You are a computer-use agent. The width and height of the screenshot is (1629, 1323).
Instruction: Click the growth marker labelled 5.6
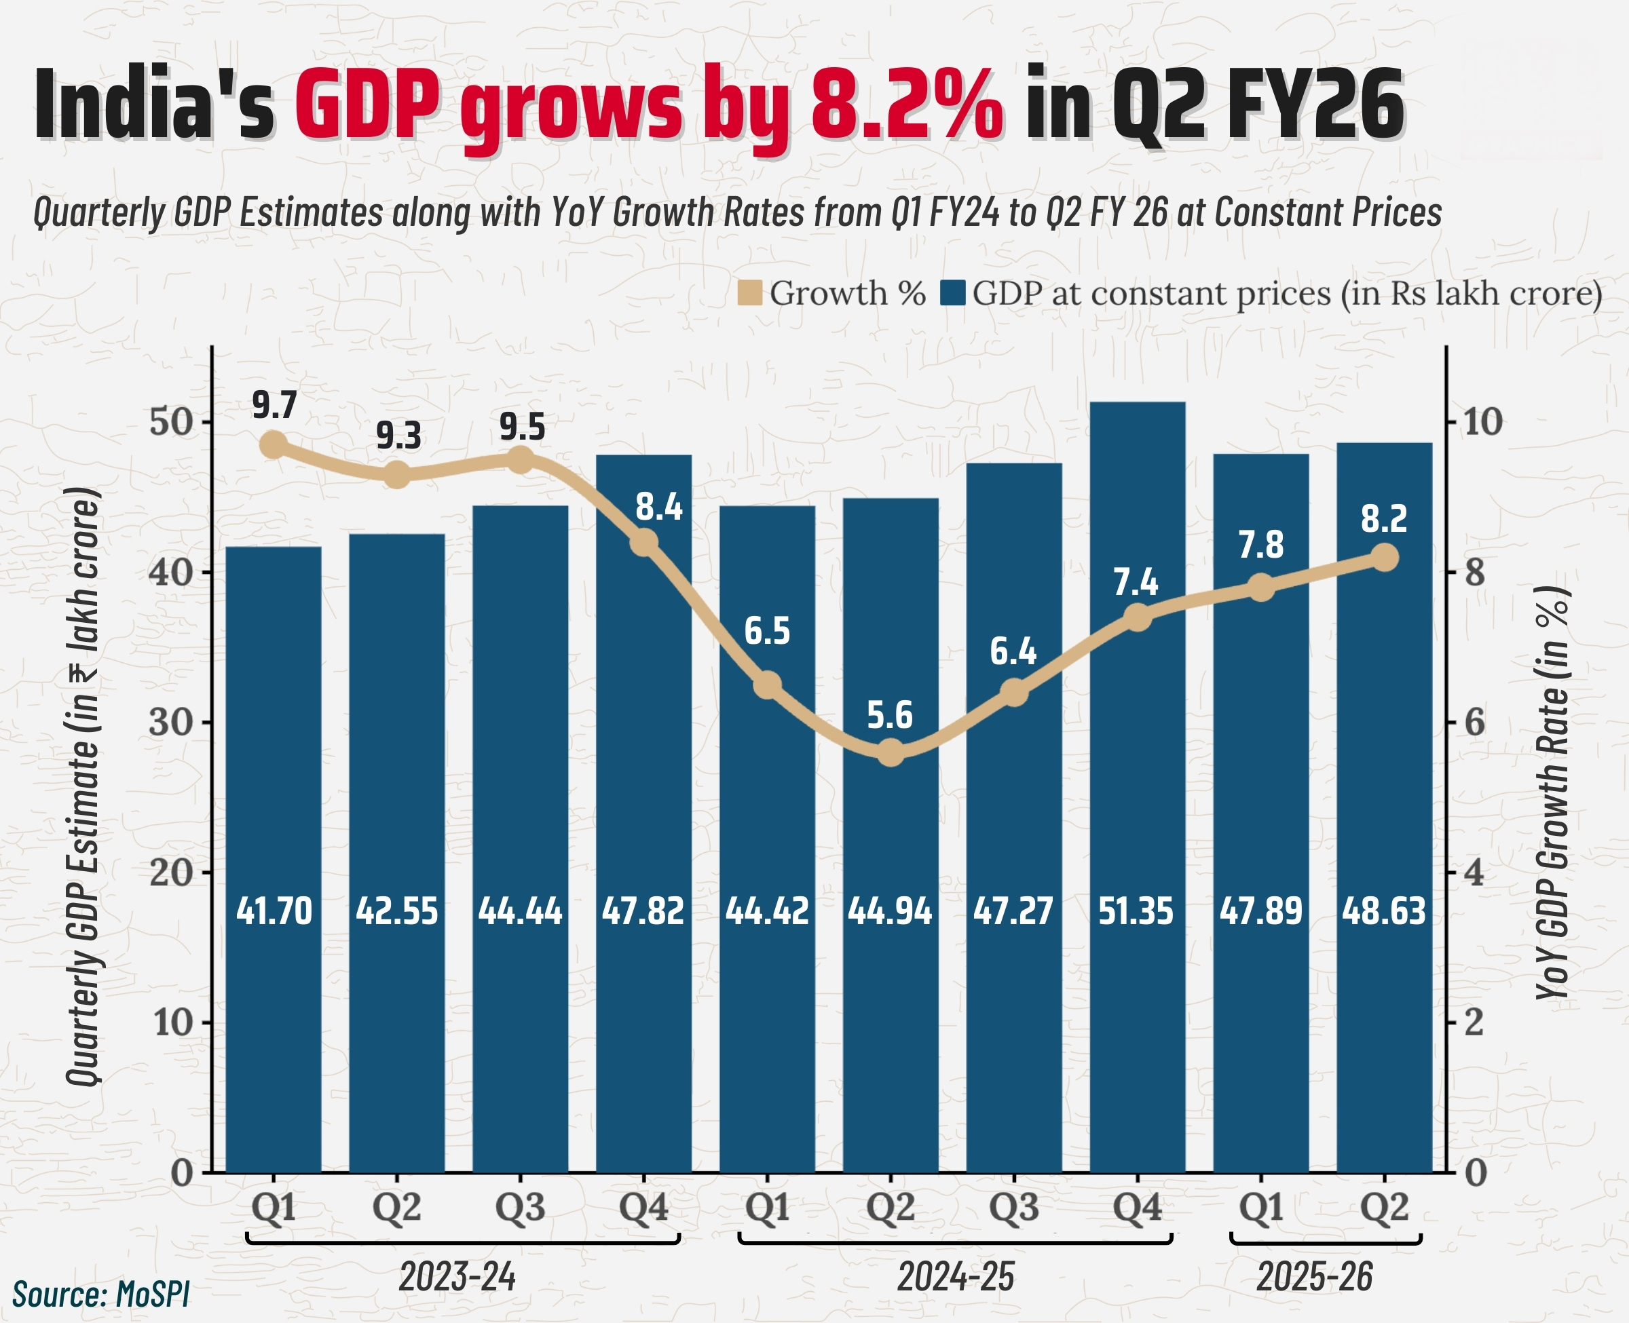[x=891, y=753]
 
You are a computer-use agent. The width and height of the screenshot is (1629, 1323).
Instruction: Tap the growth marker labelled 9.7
[x=273, y=445]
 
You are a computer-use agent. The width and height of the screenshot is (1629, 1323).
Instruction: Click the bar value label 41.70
[x=274, y=910]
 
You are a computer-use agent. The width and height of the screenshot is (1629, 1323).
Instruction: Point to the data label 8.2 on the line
[x=1383, y=519]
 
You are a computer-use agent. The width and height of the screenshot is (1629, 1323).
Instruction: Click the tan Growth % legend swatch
[x=750, y=293]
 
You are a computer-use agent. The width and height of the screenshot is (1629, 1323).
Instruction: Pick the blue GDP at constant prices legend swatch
[x=953, y=293]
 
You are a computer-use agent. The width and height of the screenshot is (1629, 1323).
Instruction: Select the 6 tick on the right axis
[x=1476, y=722]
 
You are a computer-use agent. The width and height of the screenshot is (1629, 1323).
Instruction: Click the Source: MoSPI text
[x=100, y=1294]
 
